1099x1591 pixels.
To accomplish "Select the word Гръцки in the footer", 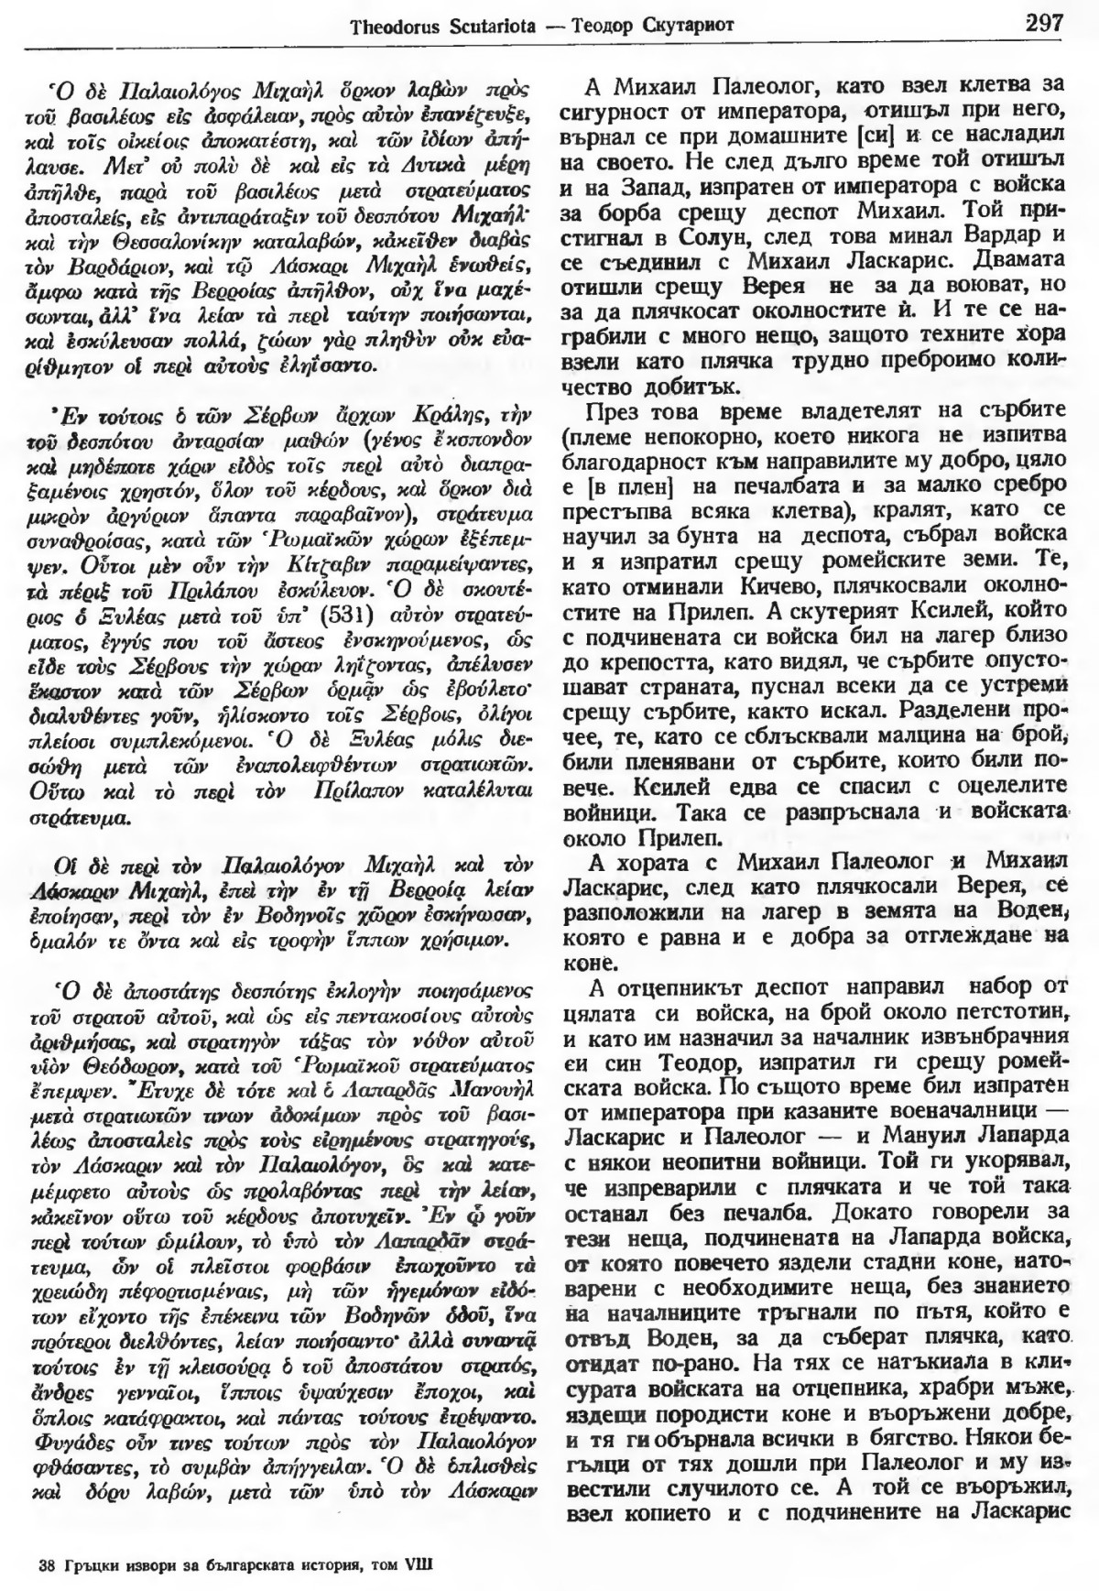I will (x=91, y=1564).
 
